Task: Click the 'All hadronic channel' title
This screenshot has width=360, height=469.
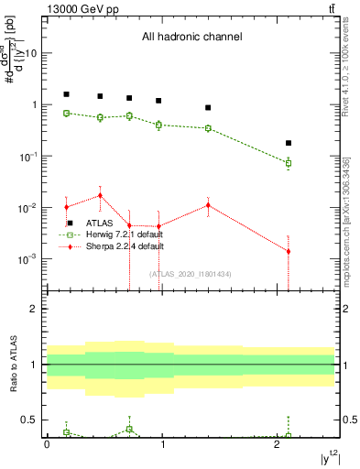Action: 191,38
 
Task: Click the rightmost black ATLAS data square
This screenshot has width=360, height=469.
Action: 289,143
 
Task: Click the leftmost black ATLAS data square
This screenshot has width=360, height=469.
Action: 66,94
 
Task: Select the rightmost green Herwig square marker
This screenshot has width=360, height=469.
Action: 289,163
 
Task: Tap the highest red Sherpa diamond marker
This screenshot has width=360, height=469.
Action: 101,195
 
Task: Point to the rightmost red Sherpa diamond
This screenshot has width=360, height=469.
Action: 289,251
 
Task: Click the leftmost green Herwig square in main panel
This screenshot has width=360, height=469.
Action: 66,114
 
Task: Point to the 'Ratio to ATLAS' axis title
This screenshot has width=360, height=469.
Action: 13,365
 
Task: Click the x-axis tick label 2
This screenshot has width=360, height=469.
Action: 278,444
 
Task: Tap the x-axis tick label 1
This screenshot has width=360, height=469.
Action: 162,444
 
